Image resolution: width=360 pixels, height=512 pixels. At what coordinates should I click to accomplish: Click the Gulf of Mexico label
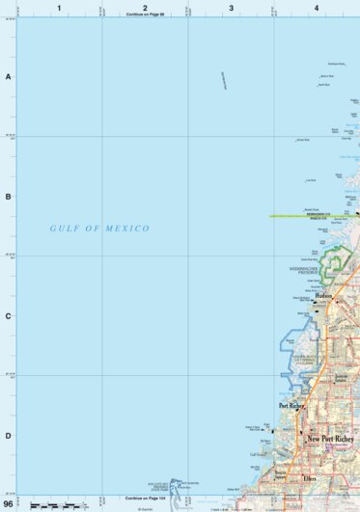pyautogui.click(x=100, y=229)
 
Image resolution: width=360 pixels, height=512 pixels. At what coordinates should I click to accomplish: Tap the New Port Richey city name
pyautogui.click(x=332, y=440)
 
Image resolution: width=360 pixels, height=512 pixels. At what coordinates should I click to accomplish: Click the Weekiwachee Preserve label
pyautogui.click(x=304, y=271)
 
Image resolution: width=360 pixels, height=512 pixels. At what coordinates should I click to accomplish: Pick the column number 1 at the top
pyautogui.click(x=59, y=8)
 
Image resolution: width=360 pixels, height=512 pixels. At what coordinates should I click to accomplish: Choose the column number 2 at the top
pyautogui.click(x=145, y=8)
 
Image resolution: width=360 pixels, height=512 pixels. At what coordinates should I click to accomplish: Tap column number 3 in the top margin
pyautogui.click(x=231, y=8)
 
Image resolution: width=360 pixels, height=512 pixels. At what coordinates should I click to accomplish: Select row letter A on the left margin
pyautogui.click(x=8, y=76)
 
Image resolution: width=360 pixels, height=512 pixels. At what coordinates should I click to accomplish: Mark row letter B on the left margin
pyautogui.click(x=8, y=197)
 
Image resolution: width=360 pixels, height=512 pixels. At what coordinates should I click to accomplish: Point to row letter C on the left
pyautogui.click(x=8, y=316)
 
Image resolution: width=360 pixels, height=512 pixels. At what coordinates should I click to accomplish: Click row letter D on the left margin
pyautogui.click(x=8, y=436)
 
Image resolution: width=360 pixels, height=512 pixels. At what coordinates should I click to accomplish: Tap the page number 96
pyautogui.click(x=9, y=504)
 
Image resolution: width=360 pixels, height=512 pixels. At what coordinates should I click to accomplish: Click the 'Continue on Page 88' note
pyautogui.click(x=145, y=15)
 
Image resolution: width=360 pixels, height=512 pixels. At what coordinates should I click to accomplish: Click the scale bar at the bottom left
pyautogui.click(x=53, y=505)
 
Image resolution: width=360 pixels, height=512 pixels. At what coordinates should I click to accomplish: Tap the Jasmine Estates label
pyautogui.click(x=340, y=378)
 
